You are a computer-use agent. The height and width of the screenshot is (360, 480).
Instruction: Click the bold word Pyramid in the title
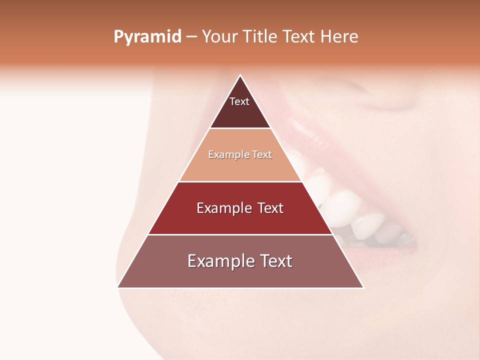147,36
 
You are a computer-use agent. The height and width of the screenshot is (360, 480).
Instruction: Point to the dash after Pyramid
191,37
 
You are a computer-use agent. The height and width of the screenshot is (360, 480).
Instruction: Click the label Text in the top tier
239,101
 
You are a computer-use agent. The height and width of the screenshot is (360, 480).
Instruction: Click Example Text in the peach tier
240,154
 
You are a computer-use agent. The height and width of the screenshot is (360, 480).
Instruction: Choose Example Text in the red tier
240,208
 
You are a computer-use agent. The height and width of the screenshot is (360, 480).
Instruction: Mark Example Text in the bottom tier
240,261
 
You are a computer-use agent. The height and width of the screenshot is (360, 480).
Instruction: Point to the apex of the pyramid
240,76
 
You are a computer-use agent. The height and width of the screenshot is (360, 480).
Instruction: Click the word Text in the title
300,36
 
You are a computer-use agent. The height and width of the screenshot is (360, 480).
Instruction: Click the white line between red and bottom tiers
240,234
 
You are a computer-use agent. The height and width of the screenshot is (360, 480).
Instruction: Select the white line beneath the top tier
240,128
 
